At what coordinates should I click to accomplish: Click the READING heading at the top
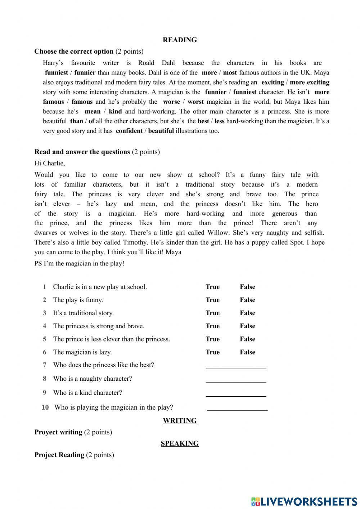point(180,40)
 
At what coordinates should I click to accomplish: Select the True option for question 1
point(212,287)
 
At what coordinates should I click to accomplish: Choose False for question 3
point(247,313)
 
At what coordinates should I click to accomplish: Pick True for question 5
point(212,339)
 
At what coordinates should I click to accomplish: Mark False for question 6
point(247,352)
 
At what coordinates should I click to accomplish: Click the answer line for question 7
point(236,366)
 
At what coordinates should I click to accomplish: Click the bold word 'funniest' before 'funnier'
point(57,72)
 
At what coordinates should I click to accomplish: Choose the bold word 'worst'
point(195,102)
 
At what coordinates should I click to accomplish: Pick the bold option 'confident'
point(129,131)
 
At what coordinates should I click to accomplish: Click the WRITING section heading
point(180,420)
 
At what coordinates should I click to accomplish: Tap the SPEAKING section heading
point(180,443)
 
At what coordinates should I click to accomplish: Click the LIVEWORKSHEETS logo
point(304,501)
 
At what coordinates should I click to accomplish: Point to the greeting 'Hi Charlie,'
point(50,163)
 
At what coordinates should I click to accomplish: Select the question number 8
point(45,379)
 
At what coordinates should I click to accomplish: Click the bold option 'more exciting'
point(309,82)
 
